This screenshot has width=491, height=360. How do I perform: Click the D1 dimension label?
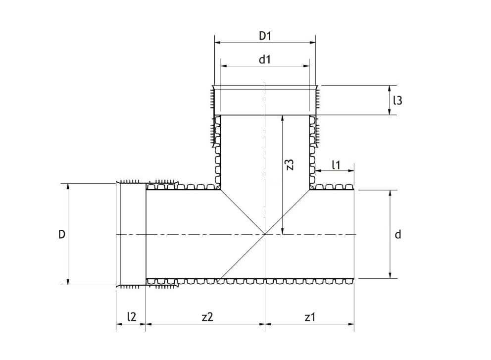click(x=266, y=36)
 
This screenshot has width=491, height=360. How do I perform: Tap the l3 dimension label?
click(x=397, y=101)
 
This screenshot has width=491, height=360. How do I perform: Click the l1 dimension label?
click(x=336, y=164)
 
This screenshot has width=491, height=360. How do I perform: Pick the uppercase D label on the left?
click(x=61, y=234)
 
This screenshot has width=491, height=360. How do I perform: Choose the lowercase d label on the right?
click(x=397, y=234)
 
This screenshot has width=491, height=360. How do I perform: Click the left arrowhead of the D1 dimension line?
click(x=216, y=43)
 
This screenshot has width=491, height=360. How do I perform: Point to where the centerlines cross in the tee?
click(x=265, y=234)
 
